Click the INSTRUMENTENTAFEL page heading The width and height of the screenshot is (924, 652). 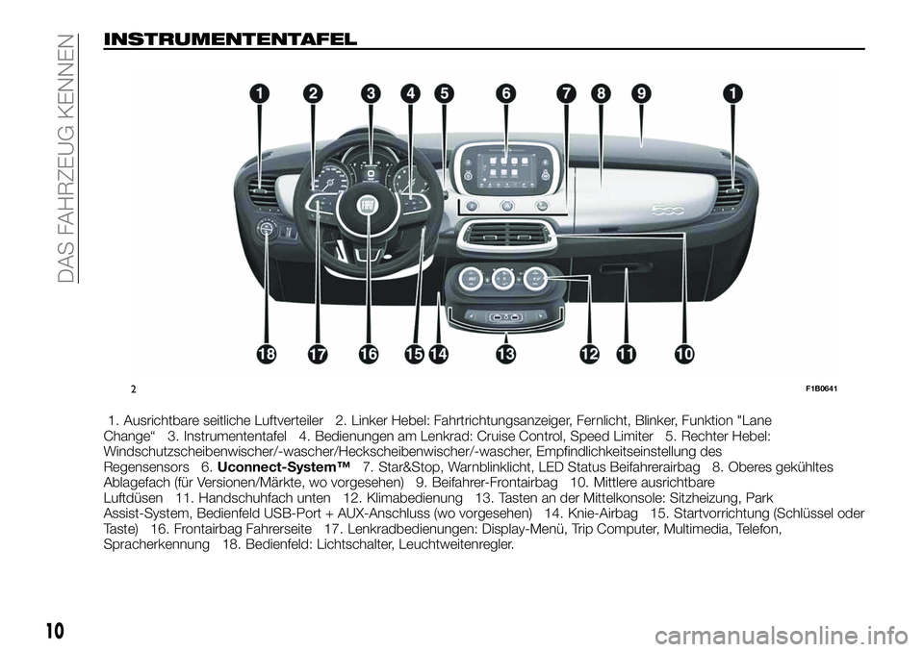pos(230,39)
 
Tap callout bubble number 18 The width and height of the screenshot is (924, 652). pos(267,354)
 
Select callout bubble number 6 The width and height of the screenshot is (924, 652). pos(505,93)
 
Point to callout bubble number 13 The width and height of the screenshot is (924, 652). pos(505,354)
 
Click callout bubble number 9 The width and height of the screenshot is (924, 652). pos(640,93)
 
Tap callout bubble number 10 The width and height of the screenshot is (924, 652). pos(684,354)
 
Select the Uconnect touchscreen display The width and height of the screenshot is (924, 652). pos(506,167)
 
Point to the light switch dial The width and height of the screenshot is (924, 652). pos(267,229)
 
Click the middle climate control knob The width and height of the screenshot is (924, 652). pos(502,277)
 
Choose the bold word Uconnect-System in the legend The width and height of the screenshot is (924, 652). pos(284,467)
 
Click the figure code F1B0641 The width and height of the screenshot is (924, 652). pos(822,389)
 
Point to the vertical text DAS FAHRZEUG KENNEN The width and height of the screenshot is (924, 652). pos(68,159)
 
